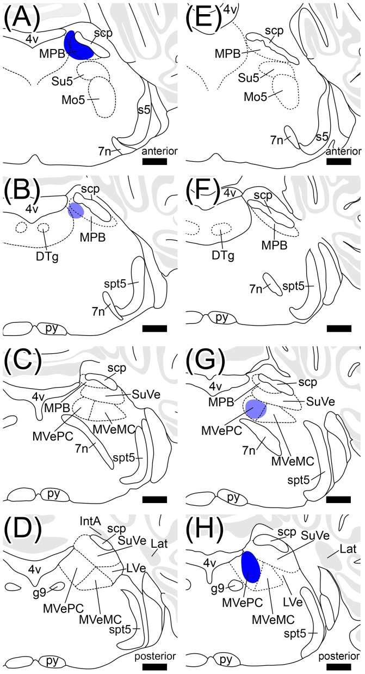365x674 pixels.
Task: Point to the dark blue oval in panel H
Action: click(x=251, y=567)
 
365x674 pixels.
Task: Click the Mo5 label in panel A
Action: click(x=73, y=100)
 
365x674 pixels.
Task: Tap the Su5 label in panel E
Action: click(x=249, y=78)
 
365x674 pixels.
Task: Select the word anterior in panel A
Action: click(x=159, y=151)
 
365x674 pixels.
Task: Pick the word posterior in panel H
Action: click(x=339, y=656)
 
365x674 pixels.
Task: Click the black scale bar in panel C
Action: click(x=154, y=499)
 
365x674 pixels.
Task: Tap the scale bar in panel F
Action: click(x=339, y=328)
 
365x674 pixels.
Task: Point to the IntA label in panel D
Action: click(x=90, y=522)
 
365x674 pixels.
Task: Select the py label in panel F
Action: click(x=222, y=317)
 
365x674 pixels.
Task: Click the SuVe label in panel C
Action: click(x=146, y=395)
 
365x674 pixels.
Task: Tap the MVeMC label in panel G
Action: click(x=293, y=461)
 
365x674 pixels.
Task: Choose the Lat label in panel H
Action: click(x=348, y=549)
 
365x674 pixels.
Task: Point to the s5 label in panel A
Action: click(x=144, y=109)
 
